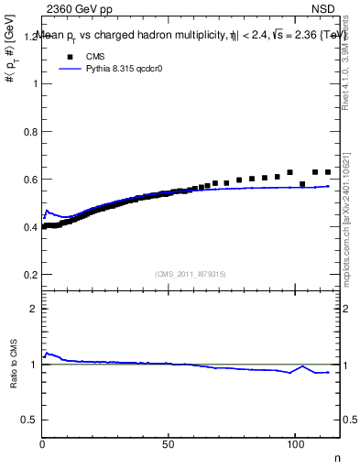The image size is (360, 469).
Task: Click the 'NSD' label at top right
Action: (322, 9)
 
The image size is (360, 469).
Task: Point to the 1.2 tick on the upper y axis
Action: (31, 36)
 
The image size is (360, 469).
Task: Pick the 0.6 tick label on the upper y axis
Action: (31, 180)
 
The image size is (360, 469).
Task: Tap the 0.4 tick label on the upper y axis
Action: (31, 227)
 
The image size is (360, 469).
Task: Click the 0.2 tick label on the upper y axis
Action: (31, 275)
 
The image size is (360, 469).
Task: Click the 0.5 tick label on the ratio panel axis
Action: (31, 420)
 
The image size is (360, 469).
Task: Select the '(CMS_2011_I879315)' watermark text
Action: (191, 273)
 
